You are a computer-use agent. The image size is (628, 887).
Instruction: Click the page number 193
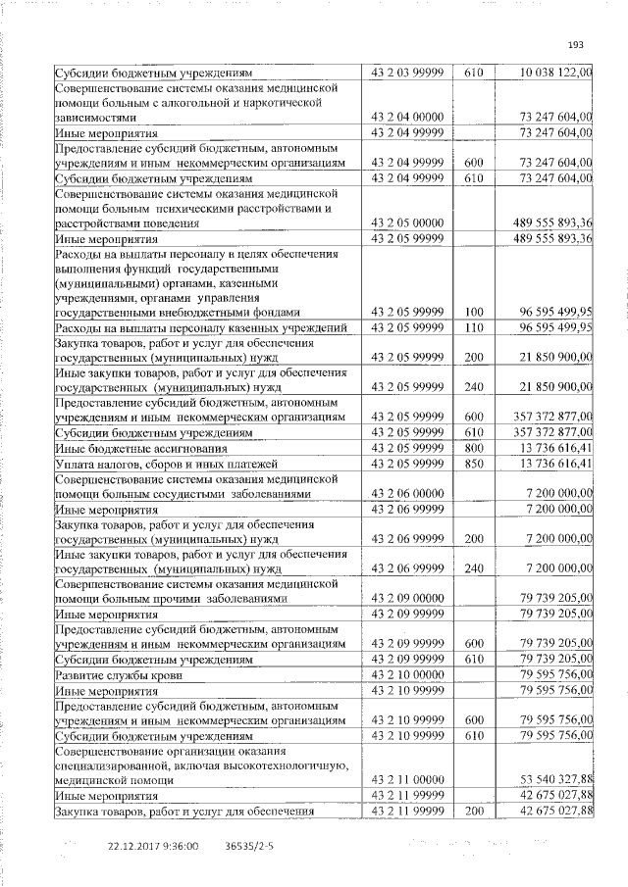576,44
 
